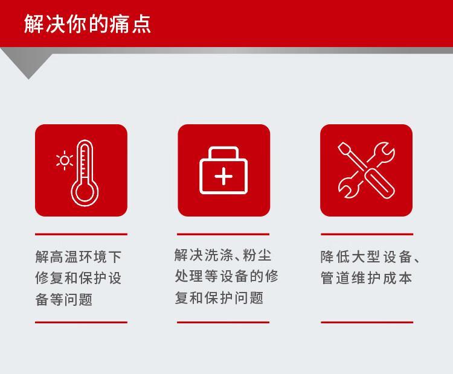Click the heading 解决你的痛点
coord(87,24)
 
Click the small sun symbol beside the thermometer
coord(65,160)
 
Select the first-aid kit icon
coord(223,170)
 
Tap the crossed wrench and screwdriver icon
coord(367,170)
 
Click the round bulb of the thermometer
coord(85,192)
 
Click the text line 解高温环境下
coord(79,257)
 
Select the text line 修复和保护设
coord(79,278)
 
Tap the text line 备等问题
coord(64,299)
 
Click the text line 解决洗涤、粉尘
coord(223,255)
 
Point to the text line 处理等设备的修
coord(226,276)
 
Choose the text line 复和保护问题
coord(219,297)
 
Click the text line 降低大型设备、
coord(370,257)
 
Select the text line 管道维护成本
coord(367,278)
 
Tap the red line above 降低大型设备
coord(367,234)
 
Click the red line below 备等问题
coord(81,322)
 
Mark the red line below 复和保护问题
coord(223,322)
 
